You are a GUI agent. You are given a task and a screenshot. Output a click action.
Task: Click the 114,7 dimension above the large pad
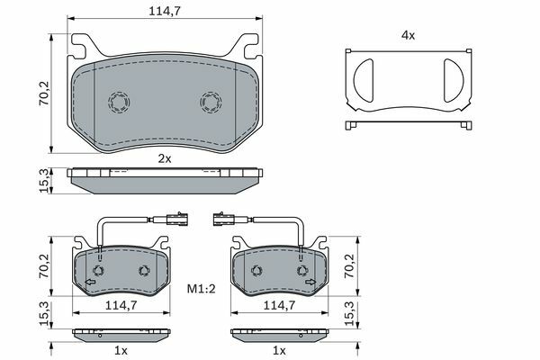[x=165, y=11]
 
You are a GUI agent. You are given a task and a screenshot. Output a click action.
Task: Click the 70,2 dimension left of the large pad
[x=44, y=93]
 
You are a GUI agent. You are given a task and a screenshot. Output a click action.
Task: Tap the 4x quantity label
[x=408, y=35]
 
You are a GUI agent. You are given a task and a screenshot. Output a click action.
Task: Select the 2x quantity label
[x=165, y=158]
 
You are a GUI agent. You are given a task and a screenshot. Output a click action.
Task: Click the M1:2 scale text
[x=201, y=289]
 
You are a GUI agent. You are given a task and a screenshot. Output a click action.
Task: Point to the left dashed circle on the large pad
[x=119, y=102]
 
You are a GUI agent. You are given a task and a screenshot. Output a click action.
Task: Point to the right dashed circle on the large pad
[x=211, y=102]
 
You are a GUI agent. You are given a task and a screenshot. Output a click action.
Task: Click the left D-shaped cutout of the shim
[x=364, y=80]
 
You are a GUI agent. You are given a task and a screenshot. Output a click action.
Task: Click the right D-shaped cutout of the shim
[x=454, y=80]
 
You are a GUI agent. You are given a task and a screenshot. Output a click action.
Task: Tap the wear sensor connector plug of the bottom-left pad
[x=176, y=219]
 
